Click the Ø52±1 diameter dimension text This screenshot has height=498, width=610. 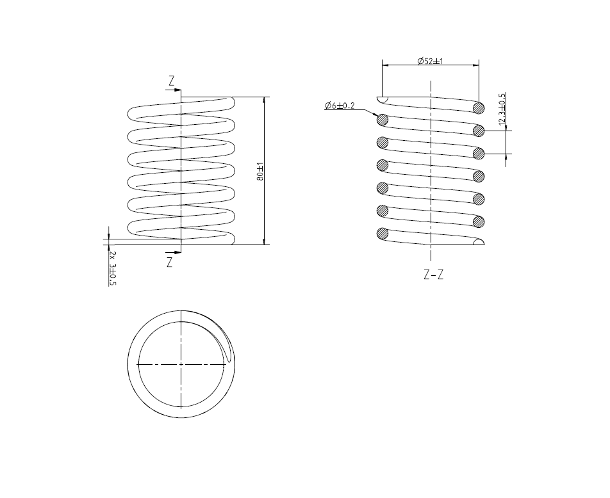pyautogui.click(x=431, y=61)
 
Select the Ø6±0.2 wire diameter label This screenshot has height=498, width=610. pyautogui.click(x=340, y=105)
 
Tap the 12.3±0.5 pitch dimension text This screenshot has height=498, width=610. pyautogui.click(x=502, y=109)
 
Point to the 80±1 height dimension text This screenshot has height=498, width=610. pyautogui.click(x=260, y=171)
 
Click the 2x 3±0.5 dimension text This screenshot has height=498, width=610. pyautogui.click(x=113, y=268)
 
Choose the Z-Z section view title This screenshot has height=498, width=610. pyautogui.click(x=434, y=275)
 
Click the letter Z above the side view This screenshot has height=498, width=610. pyautogui.click(x=171, y=81)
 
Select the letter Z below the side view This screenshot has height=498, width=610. pyautogui.click(x=170, y=262)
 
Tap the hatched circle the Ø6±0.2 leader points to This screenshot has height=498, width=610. pyautogui.click(x=383, y=119)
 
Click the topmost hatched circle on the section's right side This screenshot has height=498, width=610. pyautogui.click(x=479, y=107)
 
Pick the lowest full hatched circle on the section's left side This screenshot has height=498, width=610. pyautogui.click(x=383, y=233)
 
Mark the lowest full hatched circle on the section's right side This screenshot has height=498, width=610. pyautogui.click(x=479, y=221)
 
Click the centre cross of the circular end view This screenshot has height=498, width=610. pyautogui.click(x=181, y=364)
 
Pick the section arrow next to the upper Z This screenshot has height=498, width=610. pyautogui.click(x=176, y=90)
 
